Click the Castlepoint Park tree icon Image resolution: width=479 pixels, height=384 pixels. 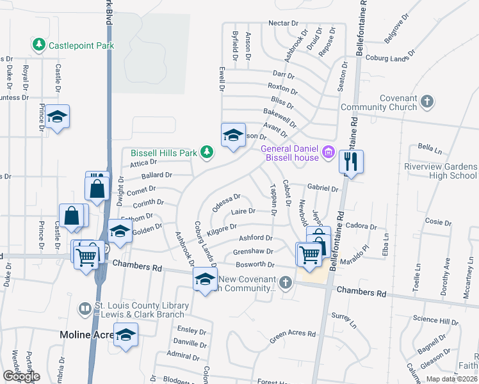click(40, 45)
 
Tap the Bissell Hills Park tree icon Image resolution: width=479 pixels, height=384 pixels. click(206, 152)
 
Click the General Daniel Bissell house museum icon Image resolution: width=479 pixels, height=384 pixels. click(329, 152)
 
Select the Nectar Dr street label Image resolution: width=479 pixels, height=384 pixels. click(284, 23)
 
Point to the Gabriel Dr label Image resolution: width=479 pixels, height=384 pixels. click(323, 189)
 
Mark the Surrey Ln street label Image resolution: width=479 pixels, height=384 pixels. click(345, 320)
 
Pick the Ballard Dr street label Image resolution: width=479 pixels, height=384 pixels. click(157, 175)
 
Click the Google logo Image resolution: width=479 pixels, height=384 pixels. click(20, 376)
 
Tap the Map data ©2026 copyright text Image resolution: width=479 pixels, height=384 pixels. click(451, 379)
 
